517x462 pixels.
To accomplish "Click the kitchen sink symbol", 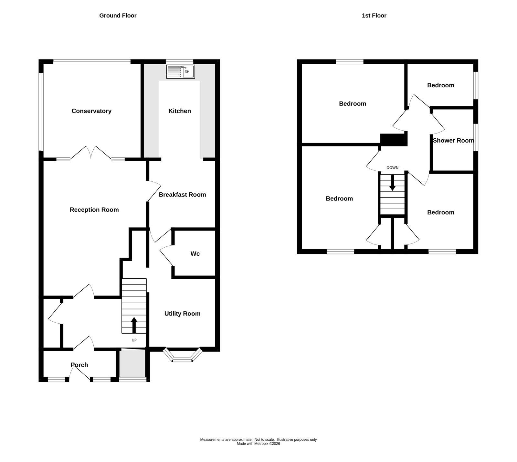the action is pos(181,71).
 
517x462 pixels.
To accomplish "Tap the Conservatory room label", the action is pos(91,111).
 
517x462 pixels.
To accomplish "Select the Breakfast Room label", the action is pos(182,195).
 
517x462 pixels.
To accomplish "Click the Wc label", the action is pos(195,254).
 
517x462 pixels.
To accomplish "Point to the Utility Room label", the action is pos(182,314).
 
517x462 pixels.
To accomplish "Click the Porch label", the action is pos(79,365).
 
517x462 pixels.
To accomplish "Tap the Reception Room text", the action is pos(94,210).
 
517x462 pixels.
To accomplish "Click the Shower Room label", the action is pos(453,141).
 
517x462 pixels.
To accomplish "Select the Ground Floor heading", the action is pos(118,16).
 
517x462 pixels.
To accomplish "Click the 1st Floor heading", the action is pos(374,16).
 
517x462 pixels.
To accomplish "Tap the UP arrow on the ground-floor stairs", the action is pos(134,325).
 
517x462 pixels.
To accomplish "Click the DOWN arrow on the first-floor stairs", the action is pos(392,183).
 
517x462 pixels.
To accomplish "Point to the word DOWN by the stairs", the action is pos(392,168).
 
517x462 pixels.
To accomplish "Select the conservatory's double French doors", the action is pos(91,153).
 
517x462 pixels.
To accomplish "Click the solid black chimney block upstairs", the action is pos(394,140).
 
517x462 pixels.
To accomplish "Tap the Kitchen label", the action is pos(180,111).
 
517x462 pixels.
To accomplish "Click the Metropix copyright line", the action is pos(258,444).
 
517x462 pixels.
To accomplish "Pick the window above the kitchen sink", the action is pos(180,61).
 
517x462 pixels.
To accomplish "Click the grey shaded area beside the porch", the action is pos(132,363).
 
